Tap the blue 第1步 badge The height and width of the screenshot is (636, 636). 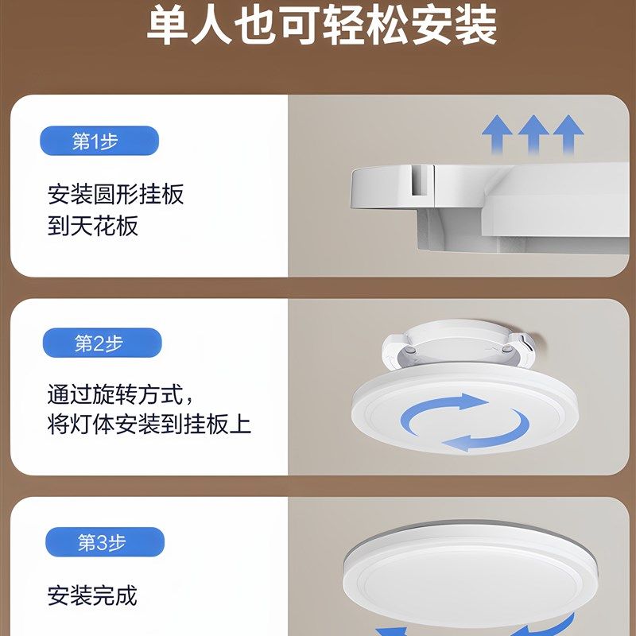(99, 142)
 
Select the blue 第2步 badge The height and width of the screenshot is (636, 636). (101, 343)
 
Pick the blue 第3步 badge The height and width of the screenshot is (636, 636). (104, 543)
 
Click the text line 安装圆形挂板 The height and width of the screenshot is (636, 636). (116, 194)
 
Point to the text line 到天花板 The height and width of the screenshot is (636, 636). (93, 226)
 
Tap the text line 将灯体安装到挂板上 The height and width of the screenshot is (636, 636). (149, 424)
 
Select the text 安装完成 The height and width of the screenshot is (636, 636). (92, 595)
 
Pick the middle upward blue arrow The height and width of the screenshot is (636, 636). (533, 134)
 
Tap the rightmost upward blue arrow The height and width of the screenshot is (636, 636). (568, 134)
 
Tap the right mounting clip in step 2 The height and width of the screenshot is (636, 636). (522, 343)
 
